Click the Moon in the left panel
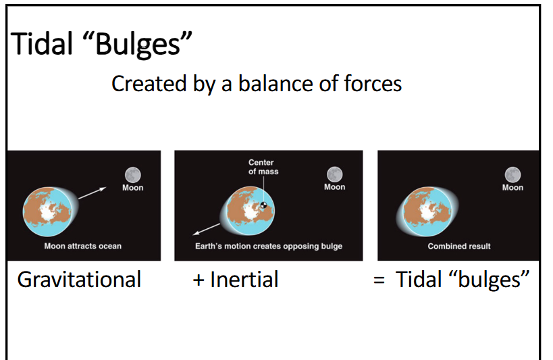point(132,174)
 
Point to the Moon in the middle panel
point(334,174)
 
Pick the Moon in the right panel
point(512,174)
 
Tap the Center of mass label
point(263,167)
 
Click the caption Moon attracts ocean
point(82,247)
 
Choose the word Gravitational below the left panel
point(79,280)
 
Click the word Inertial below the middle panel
point(244,280)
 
